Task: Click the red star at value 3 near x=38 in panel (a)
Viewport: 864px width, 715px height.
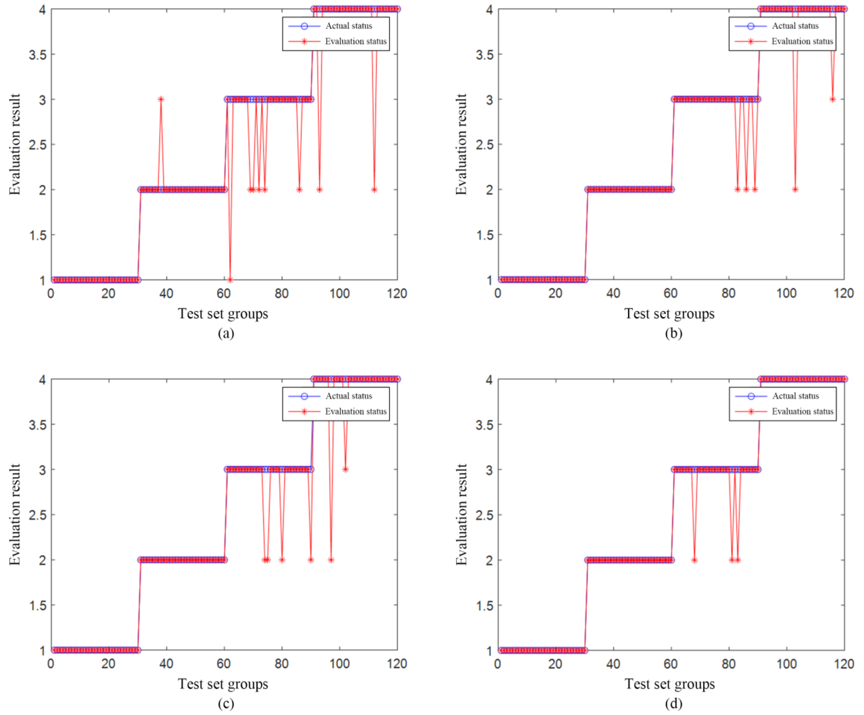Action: [x=161, y=99]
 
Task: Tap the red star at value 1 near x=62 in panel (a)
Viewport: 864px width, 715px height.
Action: [x=230, y=280]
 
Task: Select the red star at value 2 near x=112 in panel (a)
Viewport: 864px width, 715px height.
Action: [x=374, y=190]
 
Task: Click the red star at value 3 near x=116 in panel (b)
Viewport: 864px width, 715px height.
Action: [x=832, y=99]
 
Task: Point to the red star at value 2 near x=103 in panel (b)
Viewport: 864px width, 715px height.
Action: [x=795, y=190]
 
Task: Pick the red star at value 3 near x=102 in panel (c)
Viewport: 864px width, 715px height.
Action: [x=345, y=469]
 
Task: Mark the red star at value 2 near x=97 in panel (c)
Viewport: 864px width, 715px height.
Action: [x=331, y=560]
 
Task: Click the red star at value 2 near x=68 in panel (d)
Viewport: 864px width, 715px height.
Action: [x=694, y=560]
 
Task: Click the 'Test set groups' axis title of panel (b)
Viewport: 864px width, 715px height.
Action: [x=669, y=314]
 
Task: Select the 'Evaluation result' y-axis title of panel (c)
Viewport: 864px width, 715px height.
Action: [x=15, y=515]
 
